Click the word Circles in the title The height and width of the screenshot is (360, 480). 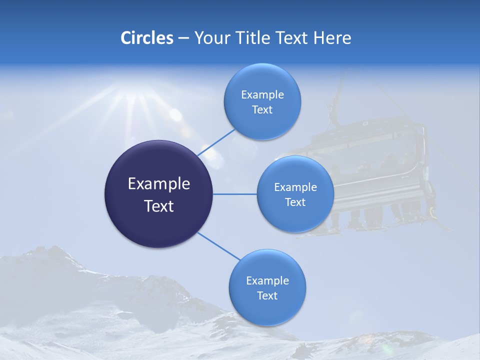click(x=147, y=38)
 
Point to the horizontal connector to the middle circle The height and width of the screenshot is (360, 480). click(x=235, y=194)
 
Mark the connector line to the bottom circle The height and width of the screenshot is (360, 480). click(x=218, y=246)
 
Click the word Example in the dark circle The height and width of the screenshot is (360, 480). click(x=159, y=184)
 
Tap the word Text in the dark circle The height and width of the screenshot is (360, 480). click(x=159, y=206)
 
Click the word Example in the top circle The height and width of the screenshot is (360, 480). click(x=262, y=95)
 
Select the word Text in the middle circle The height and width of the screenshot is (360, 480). click(x=295, y=202)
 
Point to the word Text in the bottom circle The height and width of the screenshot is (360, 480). click(x=267, y=295)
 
